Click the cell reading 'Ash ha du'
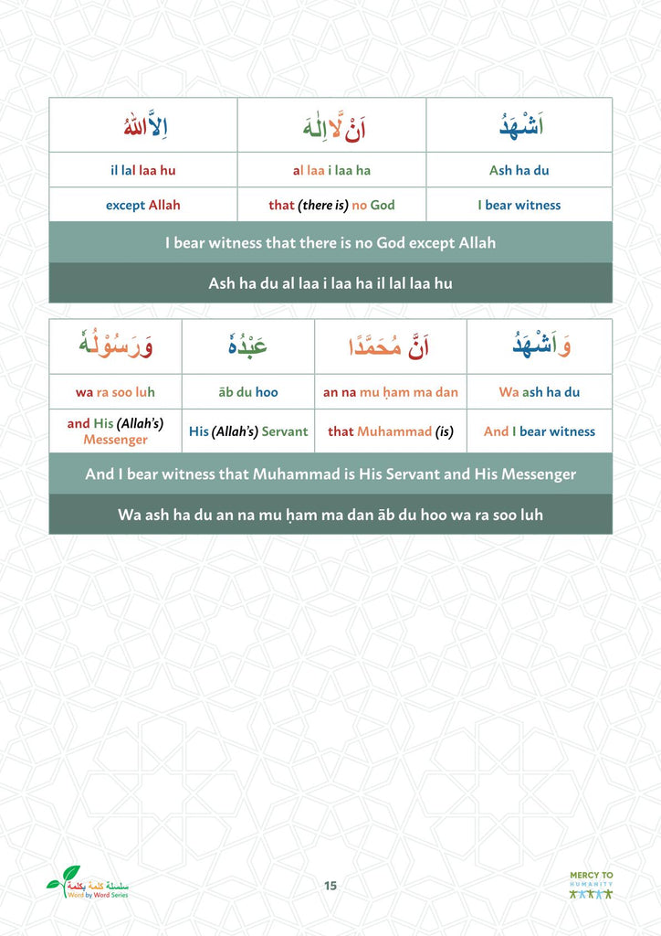pyautogui.click(x=519, y=170)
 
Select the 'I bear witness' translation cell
pyautogui.click(x=519, y=205)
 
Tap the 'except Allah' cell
pyautogui.click(x=142, y=205)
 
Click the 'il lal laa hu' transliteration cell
pyautogui.click(x=142, y=170)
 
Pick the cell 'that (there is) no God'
pyautogui.click(x=331, y=205)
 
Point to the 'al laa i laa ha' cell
pyautogui.click(x=331, y=170)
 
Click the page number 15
pyautogui.click(x=330, y=885)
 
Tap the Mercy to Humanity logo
pyautogui.click(x=591, y=885)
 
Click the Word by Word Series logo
pyautogui.click(x=89, y=884)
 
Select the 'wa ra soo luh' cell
pyautogui.click(x=115, y=392)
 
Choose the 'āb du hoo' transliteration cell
pyautogui.click(x=247, y=392)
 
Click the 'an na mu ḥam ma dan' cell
pyautogui.click(x=391, y=392)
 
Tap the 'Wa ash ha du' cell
pyautogui.click(x=539, y=392)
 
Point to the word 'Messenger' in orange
pyautogui.click(x=115, y=440)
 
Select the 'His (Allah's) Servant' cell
pyautogui.click(x=247, y=431)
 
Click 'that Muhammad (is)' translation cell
pyautogui.click(x=391, y=431)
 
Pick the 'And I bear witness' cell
pyautogui.click(x=539, y=431)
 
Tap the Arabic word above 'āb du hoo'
pyautogui.click(x=247, y=346)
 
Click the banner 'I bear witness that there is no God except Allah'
pyautogui.click(x=330, y=243)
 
